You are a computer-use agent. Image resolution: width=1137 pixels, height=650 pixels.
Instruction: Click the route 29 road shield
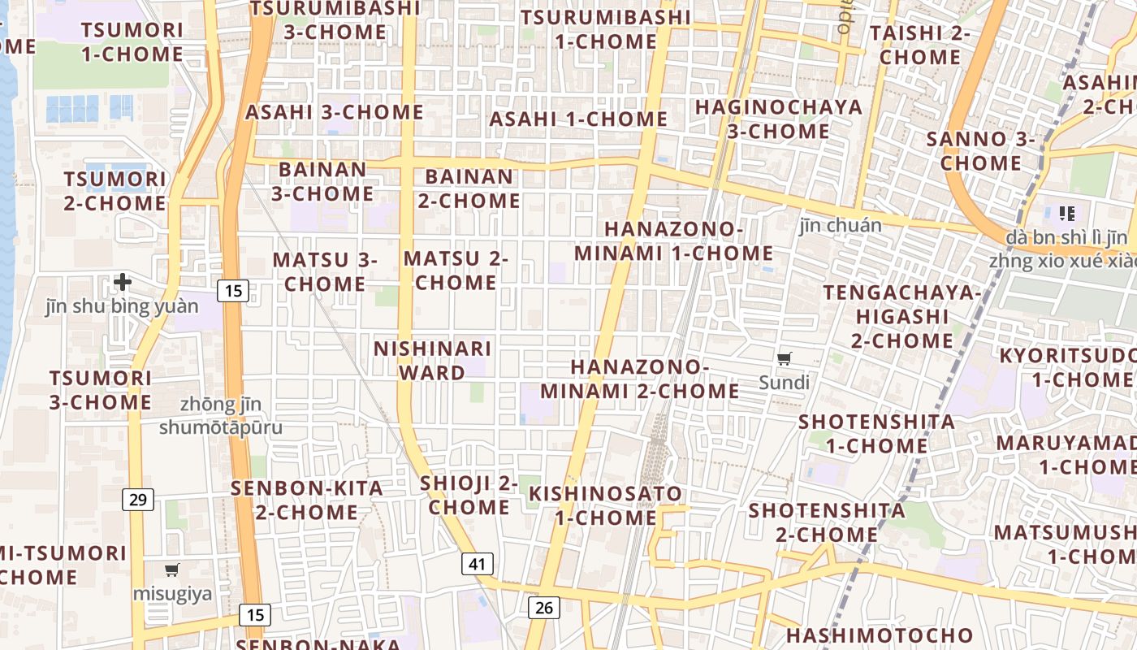[x=138, y=499]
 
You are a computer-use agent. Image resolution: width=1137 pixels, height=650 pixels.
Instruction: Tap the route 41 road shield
[x=478, y=564]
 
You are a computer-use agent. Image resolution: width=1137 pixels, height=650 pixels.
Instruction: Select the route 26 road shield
[x=543, y=607]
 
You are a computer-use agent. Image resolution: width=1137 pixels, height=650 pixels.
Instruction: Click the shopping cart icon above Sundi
[x=785, y=358]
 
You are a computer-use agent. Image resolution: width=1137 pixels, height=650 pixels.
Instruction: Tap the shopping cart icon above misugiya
[x=171, y=570]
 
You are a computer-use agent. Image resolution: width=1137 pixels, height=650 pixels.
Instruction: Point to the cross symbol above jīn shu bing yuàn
[x=123, y=282]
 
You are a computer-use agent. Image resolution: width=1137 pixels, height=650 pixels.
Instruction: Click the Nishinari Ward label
[x=432, y=361]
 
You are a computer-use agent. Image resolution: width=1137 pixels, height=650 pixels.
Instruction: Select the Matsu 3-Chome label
[x=325, y=272]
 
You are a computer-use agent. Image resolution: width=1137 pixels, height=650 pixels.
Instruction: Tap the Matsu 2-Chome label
[x=456, y=271]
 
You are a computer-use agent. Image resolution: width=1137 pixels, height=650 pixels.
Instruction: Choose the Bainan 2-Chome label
[x=469, y=188]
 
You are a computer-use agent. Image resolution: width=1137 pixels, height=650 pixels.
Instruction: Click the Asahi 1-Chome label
[x=578, y=119]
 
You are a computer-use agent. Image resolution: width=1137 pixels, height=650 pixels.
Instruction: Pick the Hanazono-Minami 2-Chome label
[x=640, y=379]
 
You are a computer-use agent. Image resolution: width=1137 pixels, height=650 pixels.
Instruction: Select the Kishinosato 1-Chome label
[x=606, y=505]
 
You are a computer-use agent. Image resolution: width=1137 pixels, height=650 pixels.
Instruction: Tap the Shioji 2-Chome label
[x=469, y=496]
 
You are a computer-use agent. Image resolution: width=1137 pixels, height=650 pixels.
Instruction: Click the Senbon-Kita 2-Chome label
[x=307, y=500]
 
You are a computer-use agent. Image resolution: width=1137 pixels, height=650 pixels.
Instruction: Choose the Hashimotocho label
[x=880, y=635]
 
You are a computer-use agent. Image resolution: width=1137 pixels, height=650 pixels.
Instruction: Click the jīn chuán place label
[x=841, y=225]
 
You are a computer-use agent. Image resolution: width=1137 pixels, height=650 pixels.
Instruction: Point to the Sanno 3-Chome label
[x=981, y=151]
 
